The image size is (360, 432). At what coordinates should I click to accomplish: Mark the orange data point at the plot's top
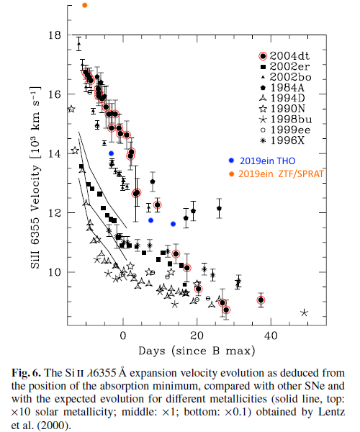coord(85,5)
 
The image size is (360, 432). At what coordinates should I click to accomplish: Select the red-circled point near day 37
coord(261,300)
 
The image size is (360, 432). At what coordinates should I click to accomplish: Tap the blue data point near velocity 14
coord(111,153)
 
